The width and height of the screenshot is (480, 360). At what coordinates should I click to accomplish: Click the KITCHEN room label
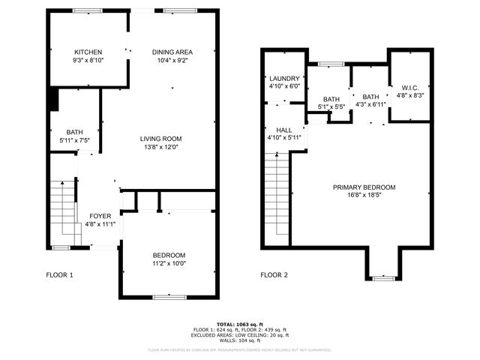click(88, 52)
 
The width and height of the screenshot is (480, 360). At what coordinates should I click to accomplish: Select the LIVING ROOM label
click(161, 139)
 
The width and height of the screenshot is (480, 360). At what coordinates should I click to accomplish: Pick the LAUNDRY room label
click(284, 78)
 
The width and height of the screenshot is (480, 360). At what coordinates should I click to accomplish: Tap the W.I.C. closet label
click(409, 87)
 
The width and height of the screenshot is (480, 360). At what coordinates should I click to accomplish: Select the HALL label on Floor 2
click(284, 130)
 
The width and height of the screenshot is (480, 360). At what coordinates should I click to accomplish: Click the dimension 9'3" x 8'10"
click(88, 60)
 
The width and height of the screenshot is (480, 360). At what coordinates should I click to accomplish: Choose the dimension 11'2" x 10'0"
click(169, 263)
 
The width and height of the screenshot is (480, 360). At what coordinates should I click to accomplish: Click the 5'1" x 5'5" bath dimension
click(331, 107)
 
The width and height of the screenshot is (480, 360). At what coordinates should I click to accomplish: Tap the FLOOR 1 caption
click(60, 275)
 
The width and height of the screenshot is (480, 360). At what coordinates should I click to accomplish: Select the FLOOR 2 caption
click(274, 275)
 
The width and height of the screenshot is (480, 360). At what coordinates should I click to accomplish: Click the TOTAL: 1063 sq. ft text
click(239, 324)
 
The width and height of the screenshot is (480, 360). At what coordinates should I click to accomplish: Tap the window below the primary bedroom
click(383, 278)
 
